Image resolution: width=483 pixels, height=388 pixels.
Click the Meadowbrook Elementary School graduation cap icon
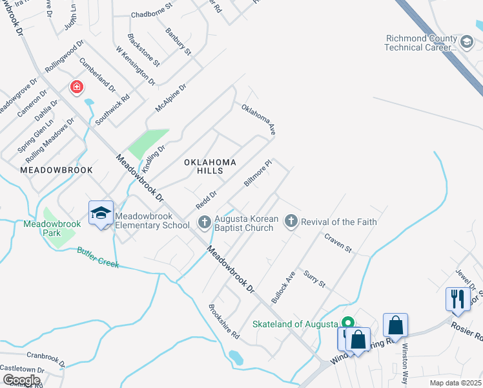pyautogui.click(x=101, y=213)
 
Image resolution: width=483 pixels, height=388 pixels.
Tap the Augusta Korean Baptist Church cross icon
pyautogui.click(x=204, y=222)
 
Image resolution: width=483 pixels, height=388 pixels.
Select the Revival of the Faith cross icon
pyautogui.click(x=291, y=222)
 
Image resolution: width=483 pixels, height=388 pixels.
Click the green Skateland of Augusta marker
pyautogui.click(x=348, y=322)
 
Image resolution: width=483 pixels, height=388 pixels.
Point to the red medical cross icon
pyautogui.click(x=76, y=87)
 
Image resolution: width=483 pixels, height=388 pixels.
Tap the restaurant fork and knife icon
pyautogui.click(x=457, y=298)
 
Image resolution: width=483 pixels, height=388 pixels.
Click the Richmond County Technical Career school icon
pyautogui.click(x=466, y=42)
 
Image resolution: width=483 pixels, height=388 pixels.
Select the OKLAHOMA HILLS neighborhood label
pyautogui.click(x=210, y=166)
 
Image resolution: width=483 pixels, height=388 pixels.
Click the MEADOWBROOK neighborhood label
pyautogui.click(x=57, y=169)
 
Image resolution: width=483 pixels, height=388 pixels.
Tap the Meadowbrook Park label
pyautogui.click(x=52, y=228)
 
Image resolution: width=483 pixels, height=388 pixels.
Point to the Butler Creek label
pyautogui.click(x=98, y=257)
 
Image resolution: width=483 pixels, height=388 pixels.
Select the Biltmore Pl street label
pyautogui.click(x=258, y=173)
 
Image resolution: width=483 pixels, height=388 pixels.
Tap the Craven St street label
pyautogui.click(x=338, y=243)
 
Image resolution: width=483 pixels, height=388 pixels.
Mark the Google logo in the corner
pyautogui.click(x=21, y=380)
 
